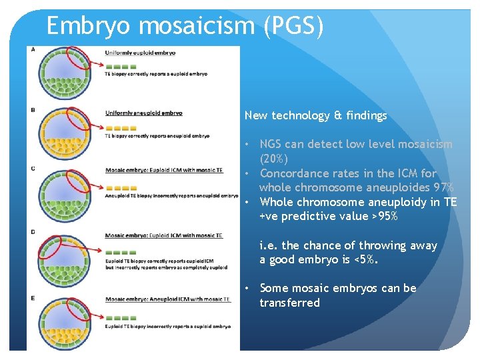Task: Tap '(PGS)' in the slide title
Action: (293, 27)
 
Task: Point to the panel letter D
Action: (33, 231)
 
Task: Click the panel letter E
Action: (33, 297)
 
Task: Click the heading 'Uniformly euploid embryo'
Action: (140, 53)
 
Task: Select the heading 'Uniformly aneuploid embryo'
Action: (143, 113)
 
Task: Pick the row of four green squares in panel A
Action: (121, 67)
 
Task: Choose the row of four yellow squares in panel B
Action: (121, 127)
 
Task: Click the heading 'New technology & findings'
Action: (315, 116)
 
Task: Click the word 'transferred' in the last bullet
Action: (289, 303)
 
